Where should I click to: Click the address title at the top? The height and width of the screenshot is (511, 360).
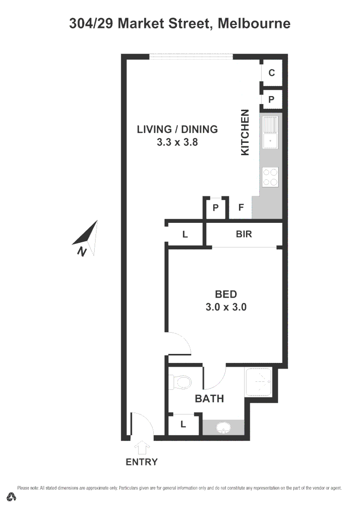180,23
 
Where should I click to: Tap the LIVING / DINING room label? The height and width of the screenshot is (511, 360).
177,129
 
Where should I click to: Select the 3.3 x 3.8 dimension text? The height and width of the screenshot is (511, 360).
177,141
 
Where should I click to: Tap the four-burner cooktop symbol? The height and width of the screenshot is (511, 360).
271,177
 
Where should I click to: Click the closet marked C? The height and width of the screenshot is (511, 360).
272,72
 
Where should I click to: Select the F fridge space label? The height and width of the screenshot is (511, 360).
241,207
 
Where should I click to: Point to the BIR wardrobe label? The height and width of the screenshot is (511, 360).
244,234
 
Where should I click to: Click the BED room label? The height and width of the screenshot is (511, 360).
226,294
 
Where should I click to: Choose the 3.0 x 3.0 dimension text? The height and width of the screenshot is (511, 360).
226,307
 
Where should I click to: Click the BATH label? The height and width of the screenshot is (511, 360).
210,399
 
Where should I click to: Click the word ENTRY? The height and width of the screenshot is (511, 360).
141,462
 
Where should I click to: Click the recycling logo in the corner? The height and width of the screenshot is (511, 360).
12,497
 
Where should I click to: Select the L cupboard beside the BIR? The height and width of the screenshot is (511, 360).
185,234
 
